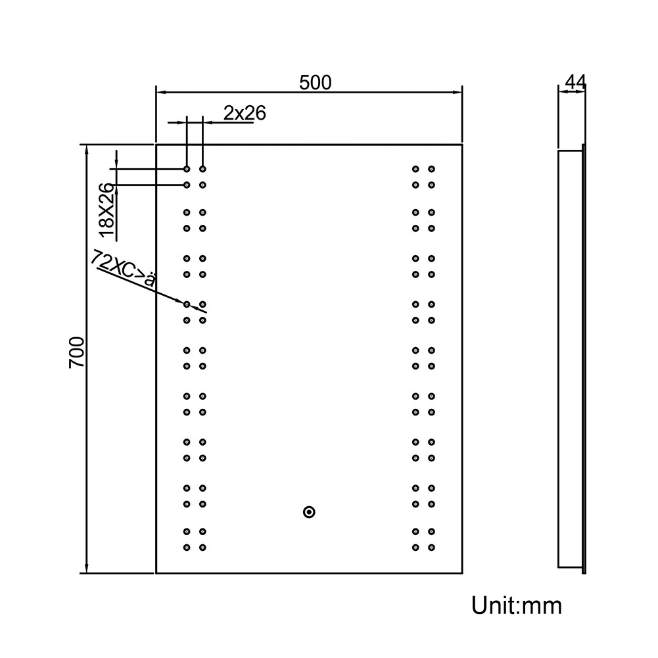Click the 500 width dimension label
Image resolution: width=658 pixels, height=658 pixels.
click(x=315, y=83)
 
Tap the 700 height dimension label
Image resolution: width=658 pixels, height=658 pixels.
click(x=77, y=352)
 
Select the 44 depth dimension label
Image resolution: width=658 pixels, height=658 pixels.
click(x=575, y=82)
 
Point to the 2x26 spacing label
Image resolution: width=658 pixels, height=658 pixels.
click(x=245, y=113)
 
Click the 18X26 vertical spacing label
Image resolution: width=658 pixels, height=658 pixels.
click(x=106, y=210)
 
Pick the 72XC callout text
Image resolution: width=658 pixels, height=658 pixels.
click(x=124, y=269)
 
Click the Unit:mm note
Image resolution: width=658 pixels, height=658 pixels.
click(x=517, y=605)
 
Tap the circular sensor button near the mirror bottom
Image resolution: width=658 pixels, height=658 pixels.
click(x=309, y=512)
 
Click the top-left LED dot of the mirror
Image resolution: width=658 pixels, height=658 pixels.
click(x=187, y=169)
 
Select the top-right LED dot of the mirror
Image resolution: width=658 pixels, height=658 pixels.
click(x=431, y=169)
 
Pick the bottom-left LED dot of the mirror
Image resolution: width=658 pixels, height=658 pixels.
click(x=187, y=547)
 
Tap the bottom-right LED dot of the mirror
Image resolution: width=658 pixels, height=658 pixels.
click(x=431, y=547)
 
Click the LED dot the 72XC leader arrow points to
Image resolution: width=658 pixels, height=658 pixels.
click(x=187, y=304)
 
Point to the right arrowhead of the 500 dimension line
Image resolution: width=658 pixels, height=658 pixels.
click(x=457, y=92)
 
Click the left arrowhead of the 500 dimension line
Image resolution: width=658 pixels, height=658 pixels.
click(x=162, y=92)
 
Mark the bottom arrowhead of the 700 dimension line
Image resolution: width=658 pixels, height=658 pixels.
click(x=87, y=567)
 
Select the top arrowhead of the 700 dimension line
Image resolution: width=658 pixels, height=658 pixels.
click(x=87, y=151)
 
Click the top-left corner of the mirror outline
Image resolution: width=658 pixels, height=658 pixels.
click(x=156, y=145)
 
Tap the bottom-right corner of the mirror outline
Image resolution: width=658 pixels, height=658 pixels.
click(x=463, y=573)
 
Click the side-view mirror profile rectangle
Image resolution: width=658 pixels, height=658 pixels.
click(x=571, y=359)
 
